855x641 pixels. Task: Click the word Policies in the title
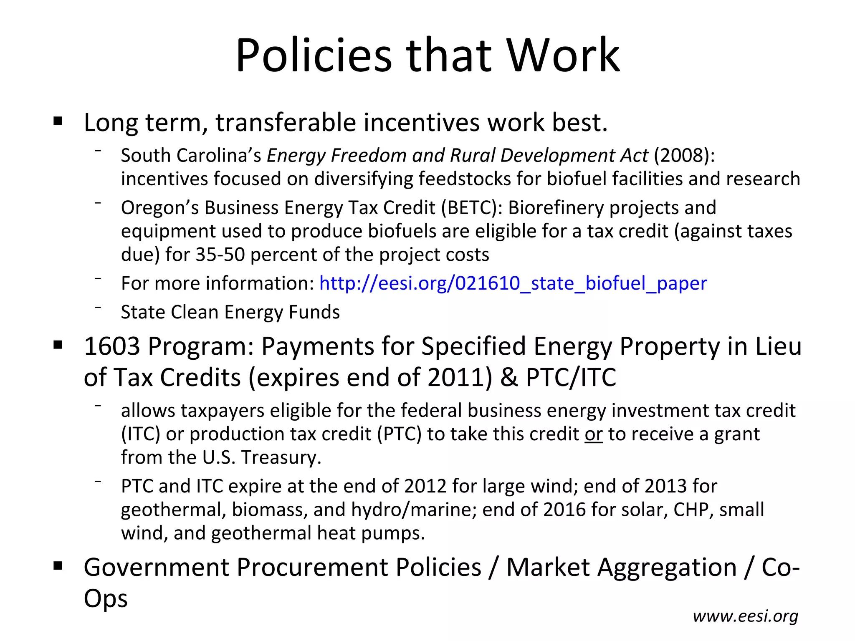(314, 56)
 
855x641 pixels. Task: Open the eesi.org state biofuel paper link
(513, 283)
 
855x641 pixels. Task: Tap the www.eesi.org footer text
(745, 616)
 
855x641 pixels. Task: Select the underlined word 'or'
(594, 434)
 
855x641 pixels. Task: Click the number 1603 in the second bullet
(111, 346)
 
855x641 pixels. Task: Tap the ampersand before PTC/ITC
(509, 378)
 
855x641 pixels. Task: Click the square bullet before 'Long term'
(58, 122)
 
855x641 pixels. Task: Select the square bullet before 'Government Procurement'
(58, 566)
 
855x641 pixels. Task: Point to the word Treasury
(281, 457)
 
